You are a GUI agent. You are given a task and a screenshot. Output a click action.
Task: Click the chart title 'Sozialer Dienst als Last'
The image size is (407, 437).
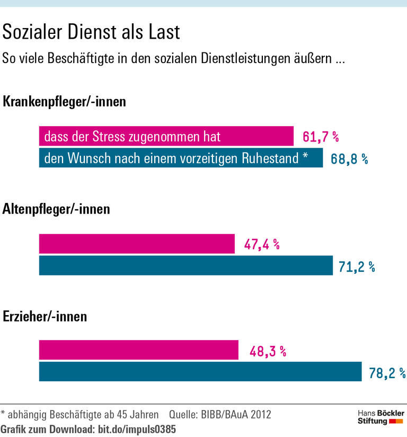point(91,32)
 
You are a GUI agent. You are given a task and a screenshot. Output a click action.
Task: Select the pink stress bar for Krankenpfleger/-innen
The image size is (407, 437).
point(166,137)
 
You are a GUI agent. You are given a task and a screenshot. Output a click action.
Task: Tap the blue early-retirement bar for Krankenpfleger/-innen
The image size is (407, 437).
point(181,158)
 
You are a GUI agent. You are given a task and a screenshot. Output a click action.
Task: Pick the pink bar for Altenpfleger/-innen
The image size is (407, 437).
point(137,244)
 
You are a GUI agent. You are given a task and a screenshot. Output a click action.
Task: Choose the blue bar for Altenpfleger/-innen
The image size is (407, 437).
point(185,265)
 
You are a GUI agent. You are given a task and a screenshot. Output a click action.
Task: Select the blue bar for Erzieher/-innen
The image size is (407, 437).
point(200,372)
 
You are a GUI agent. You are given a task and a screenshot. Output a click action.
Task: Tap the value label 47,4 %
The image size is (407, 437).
point(262,245)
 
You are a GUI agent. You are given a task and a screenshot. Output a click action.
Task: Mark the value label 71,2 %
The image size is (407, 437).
point(357,267)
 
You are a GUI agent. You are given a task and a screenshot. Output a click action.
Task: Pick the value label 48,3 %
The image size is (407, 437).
point(268,351)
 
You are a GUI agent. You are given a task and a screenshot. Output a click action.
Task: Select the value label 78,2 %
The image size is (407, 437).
point(387,373)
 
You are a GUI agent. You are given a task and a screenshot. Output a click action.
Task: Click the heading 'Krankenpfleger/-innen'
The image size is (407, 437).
point(65,102)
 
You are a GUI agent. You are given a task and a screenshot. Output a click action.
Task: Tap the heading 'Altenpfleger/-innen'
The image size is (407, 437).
point(56,209)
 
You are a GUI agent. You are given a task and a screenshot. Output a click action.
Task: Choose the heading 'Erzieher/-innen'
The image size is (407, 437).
point(45,317)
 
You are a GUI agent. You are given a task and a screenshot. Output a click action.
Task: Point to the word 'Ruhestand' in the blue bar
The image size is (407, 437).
point(271,158)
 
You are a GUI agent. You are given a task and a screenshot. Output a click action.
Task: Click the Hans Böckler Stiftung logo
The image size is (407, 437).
point(380,417)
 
